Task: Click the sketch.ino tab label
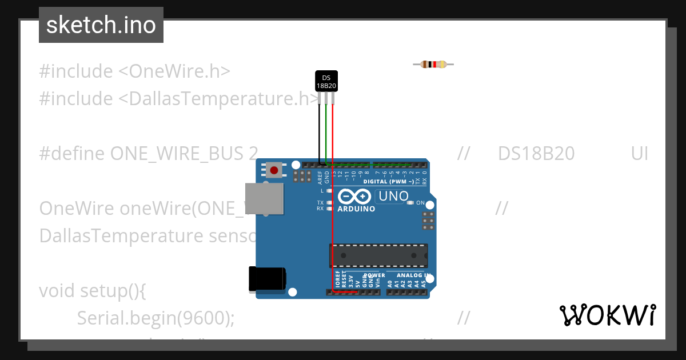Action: tap(101, 25)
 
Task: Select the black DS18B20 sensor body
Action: tap(326, 81)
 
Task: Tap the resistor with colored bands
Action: tap(433, 65)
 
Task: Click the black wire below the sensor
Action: tap(320, 131)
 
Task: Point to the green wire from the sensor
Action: tap(326, 131)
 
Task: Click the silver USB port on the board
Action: tap(264, 198)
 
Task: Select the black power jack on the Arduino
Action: tap(267, 279)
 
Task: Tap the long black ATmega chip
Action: tap(378, 255)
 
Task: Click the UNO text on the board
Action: tap(392, 197)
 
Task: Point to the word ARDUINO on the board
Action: tap(356, 209)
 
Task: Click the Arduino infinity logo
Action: tap(354, 197)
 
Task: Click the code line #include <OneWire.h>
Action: tap(134, 71)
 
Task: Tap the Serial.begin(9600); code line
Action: tap(155, 318)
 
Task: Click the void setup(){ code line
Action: tap(93, 290)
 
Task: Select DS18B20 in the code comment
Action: tap(536, 154)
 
